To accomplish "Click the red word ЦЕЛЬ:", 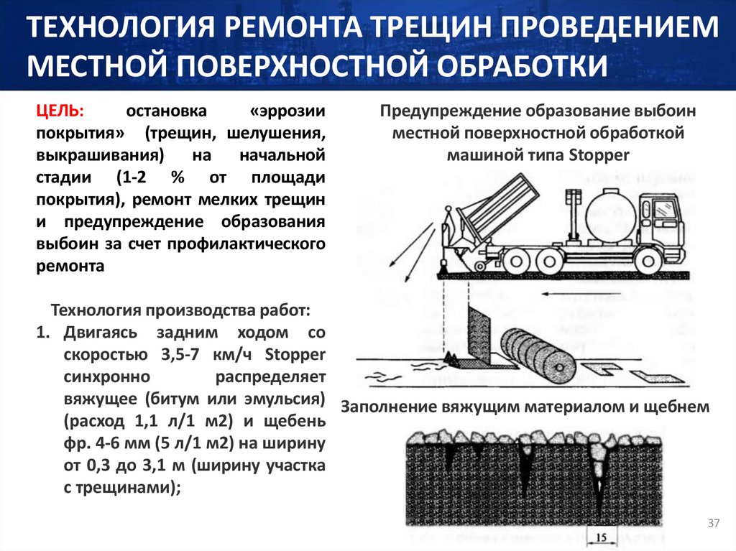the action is click(x=60, y=111).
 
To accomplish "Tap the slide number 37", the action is click(x=714, y=523).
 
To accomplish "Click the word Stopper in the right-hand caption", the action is click(x=599, y=155).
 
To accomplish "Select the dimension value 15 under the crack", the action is click(x=601, y=538).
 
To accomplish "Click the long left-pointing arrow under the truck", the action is click(x=580, y=295).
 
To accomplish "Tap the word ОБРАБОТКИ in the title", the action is click(x=522, y=65).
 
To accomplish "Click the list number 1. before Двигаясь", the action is click(x=42, y=333).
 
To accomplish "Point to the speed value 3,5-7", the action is click(x=180, y=355).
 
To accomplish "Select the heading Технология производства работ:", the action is click(x=180, y=310).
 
